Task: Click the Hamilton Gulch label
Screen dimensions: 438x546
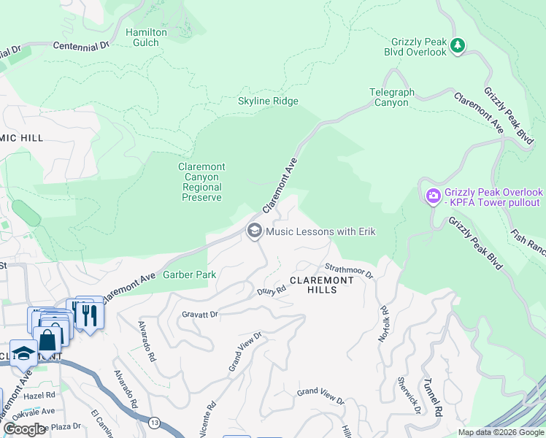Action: pyautogui.click(x=146, y=38)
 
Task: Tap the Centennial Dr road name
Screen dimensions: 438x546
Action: pyautogui.click(x=80, y=45)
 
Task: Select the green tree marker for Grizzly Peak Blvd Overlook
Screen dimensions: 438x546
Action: pyautogui.click(x=458, y=46)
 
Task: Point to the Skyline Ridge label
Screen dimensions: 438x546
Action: pyautogui.click(x=268, y=101)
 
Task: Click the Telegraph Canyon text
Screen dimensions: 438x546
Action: pyautogui.click(x=391, y=98)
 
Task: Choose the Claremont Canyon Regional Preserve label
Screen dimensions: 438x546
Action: pyautogui.click(x=201, y=182)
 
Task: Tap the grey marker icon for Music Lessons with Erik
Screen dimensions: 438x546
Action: pyautogui.click(x=254, y=231)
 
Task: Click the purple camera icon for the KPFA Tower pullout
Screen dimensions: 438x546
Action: pyautogui.click(x=433, y=196)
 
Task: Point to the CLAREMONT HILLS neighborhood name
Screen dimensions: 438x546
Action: pyautogui.click(x=322, y=285)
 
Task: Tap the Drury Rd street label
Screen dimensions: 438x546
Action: pyautogui.click(x=271, y=290)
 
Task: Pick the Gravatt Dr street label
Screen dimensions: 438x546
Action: pyautogui.click(x=200, y=315)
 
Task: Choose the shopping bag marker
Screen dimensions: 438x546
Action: pyautogui.click(x=47, y=340)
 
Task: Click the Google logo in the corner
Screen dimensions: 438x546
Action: pyautogui.click(x=24, y=429)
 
